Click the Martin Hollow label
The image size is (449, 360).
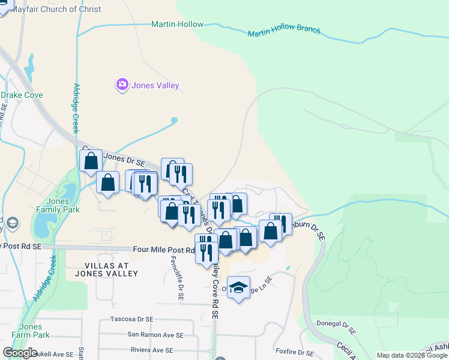pyautogui.click(x=177, y=25)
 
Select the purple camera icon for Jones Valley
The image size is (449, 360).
pyautogui.click(x=123, y=85)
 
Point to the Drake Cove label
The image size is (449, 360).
pyautogui.click(x=22, y=95)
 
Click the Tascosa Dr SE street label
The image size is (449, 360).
pyautogui.click(x=132, y=319)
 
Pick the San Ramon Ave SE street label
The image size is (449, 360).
pyautogui.click(x=155, y=335)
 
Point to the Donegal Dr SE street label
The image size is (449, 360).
pyautogui.click(x=337, y=328)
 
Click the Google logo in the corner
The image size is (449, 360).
pyautogui.click(x=20, y=353)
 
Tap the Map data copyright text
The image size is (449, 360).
pyautogui.click(x=411, y=355)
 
